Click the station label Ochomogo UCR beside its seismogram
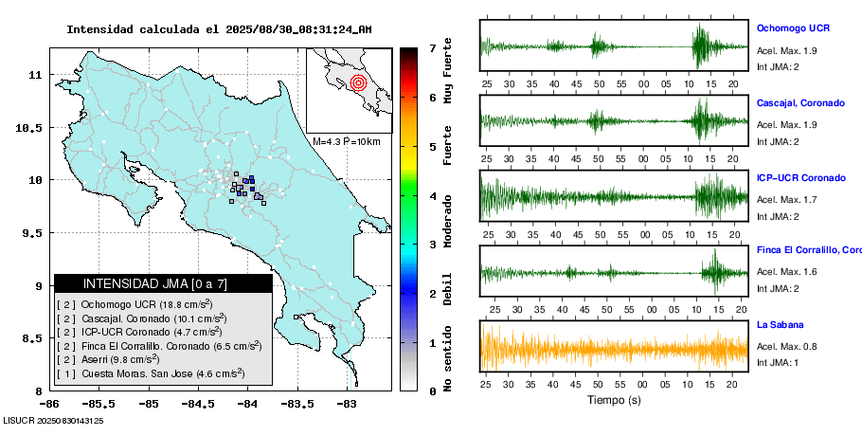pyautogui.click(x=793, y=28)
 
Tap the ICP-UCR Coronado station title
pyautogui.click(x=800, y=178)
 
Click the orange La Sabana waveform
pyautogui.click(x=614, y=347)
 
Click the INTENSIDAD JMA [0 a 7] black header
pyautogui.click(x=163, y=283)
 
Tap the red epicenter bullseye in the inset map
pyautogui.click(x=358, y=82)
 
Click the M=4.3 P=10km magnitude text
pyautogui.click(x=346, y=141)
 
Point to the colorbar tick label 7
pyautogui.click(x=432, y=47)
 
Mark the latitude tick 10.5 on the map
pyautogui.click(x=28, y=127)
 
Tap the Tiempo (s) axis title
pyautogui.click(x=614, y=400)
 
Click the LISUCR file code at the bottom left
pyautogui.click(x=53, y=421)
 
